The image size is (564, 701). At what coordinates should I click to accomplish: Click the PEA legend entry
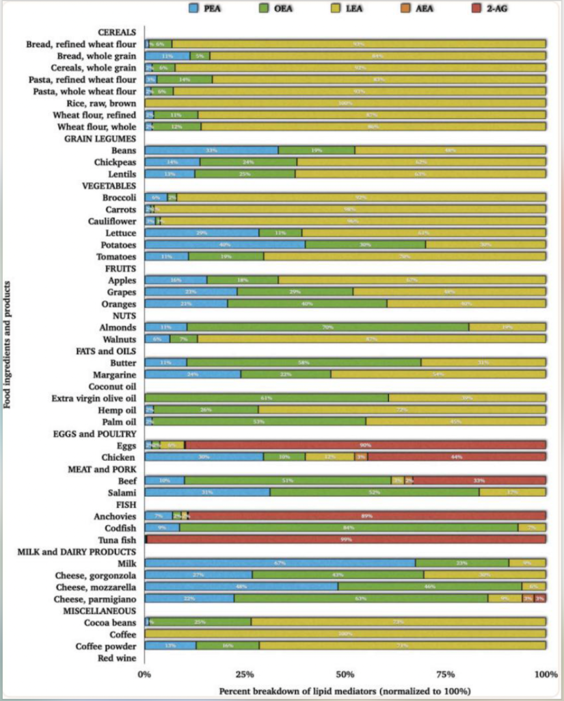tap(204, 8)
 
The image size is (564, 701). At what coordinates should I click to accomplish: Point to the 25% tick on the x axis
tap(244, 675)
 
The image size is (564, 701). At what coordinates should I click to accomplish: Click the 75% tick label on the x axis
tap(444, 675)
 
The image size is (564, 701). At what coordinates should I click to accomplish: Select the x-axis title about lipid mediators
tap(345, 691)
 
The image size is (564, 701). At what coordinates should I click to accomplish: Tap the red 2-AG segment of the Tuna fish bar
tap(346, 539)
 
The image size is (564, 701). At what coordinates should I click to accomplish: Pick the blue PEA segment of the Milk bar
tap(280, 563)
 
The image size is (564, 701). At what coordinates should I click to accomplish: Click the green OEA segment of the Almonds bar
tap(327, 327)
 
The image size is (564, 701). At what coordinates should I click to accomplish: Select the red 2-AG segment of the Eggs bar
tap(365, 445)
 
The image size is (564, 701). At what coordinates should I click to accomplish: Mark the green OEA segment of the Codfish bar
tap(349, 528)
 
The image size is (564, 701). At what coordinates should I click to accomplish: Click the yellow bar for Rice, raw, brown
tap(345, 103)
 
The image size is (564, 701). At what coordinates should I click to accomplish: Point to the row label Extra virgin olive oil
tap(94, 398)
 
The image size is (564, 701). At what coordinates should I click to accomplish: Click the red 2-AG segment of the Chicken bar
tap(457, 457)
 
